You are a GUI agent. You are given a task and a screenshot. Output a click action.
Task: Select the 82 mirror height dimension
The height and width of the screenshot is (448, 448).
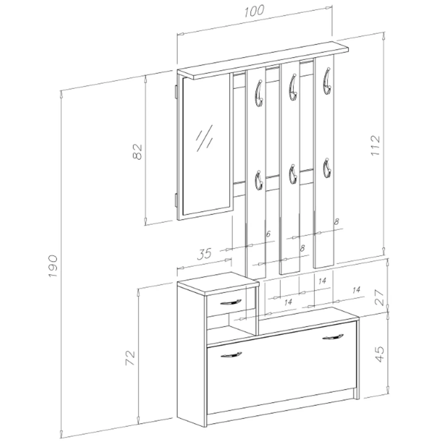[138, 152]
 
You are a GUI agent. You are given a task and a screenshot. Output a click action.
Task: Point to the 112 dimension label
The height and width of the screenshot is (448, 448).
[375, 146]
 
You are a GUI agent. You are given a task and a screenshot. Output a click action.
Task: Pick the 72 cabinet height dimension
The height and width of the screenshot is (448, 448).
[130, 358]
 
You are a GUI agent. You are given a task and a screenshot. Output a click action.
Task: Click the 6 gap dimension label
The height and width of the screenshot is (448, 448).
[268, 234]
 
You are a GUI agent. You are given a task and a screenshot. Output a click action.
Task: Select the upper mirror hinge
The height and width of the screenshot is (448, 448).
[176, 91]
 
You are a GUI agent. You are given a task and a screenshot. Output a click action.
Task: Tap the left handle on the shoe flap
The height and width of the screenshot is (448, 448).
[231, 354]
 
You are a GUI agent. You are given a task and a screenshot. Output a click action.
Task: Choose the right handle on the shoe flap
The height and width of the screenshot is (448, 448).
[333, 337]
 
